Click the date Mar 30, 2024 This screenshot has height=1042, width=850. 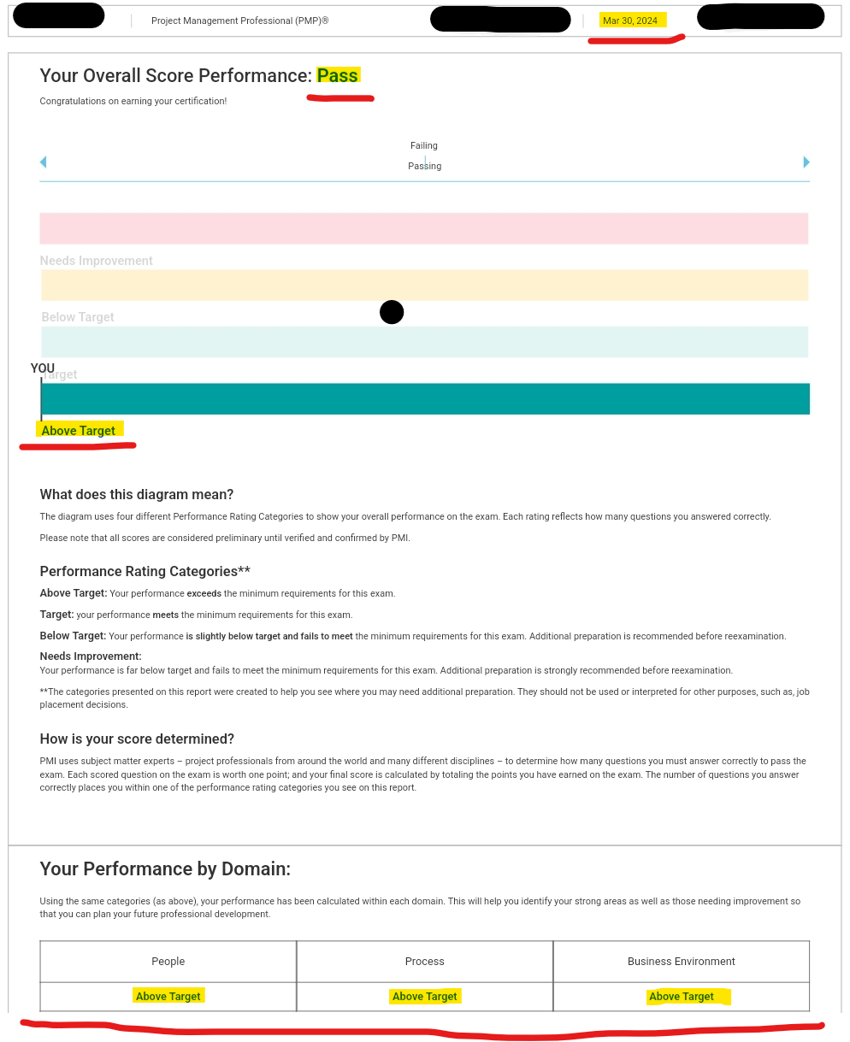point(630,21)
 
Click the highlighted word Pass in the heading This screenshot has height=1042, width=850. point(338,76)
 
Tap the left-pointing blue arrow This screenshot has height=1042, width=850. point(44,162)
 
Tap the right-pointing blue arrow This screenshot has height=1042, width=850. point(806,162)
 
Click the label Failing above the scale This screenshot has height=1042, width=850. point(424,146)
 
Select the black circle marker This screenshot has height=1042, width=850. point(392,313)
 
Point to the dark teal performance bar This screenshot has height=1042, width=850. point(425,399)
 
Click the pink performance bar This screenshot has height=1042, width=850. point(424,228)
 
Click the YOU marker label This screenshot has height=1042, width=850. point(43,368)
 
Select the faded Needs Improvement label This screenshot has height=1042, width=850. point(97,261)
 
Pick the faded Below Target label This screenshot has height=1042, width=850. point(78,317)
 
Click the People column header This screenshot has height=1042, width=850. point(168,962)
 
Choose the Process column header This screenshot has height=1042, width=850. point(425,962)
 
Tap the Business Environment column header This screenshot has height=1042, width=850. point(682,962)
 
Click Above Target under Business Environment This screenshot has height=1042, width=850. point(682,997)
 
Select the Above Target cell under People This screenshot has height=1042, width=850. point(168,997)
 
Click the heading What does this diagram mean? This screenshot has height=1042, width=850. point(137,495)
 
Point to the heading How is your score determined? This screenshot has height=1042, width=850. point(137,739)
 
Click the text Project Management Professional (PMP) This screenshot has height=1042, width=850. point(239,21)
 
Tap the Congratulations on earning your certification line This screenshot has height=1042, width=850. point(133,102)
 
